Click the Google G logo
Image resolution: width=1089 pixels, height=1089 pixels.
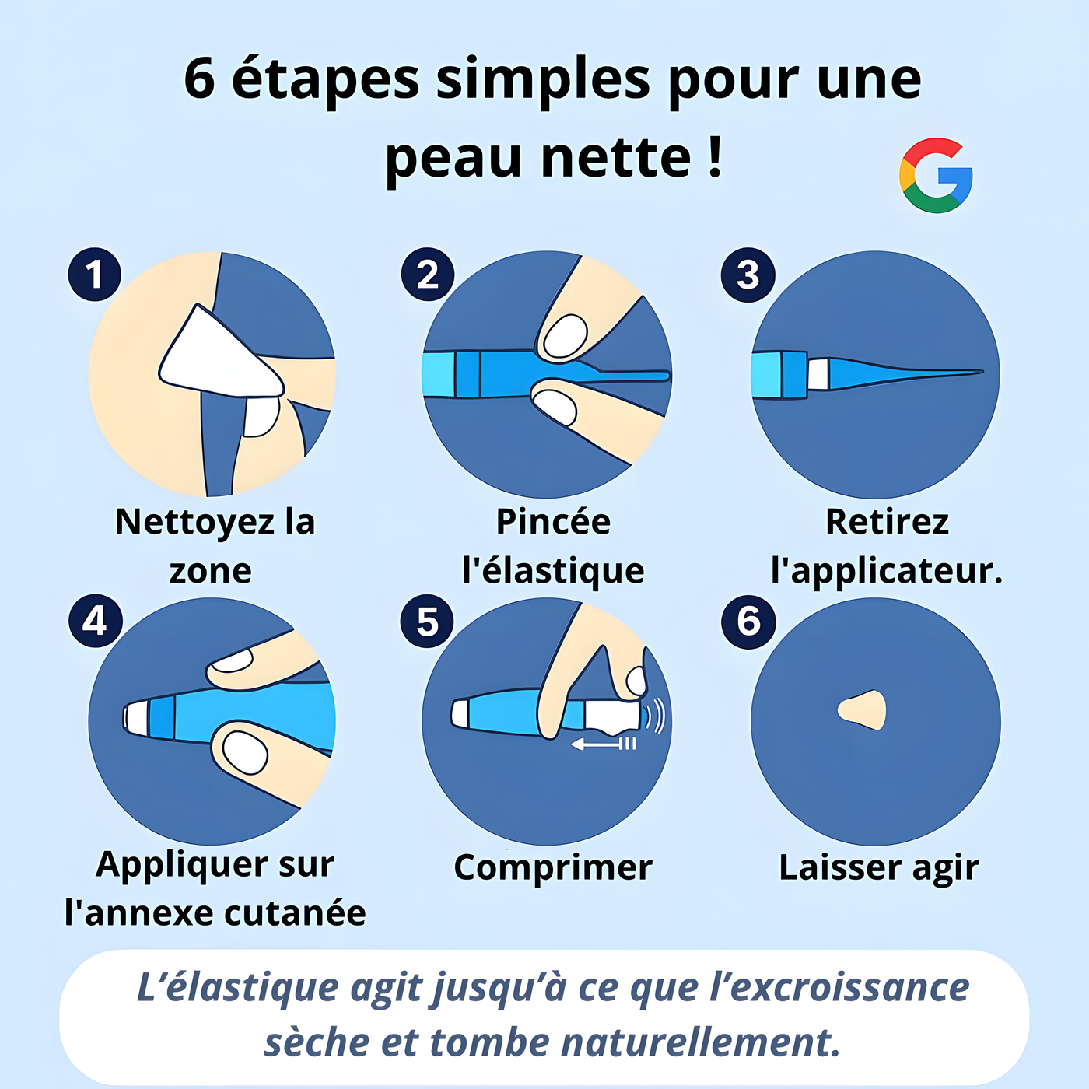tap(936, 175)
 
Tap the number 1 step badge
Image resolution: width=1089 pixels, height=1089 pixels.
tap(94, 275)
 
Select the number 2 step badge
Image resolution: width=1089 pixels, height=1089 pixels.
tap(428, 275)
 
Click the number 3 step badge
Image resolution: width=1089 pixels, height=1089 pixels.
tap(748, 275)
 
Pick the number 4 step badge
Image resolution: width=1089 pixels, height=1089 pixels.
tap(96, 621)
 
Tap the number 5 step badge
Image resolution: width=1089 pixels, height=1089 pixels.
tap(427, 621)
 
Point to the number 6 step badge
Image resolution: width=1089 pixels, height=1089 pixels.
tap(748, 621)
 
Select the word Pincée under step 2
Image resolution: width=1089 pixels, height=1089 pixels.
tap(553, 521)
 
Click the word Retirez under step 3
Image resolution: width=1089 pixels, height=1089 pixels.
tap(888, 521)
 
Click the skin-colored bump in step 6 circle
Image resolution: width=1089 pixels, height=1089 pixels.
tap(862, 710)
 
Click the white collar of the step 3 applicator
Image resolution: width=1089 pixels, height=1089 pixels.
tap(818, 373)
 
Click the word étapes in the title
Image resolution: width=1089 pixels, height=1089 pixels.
tap(325, 79)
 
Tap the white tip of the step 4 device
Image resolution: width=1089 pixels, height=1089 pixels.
tap(136, 718)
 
